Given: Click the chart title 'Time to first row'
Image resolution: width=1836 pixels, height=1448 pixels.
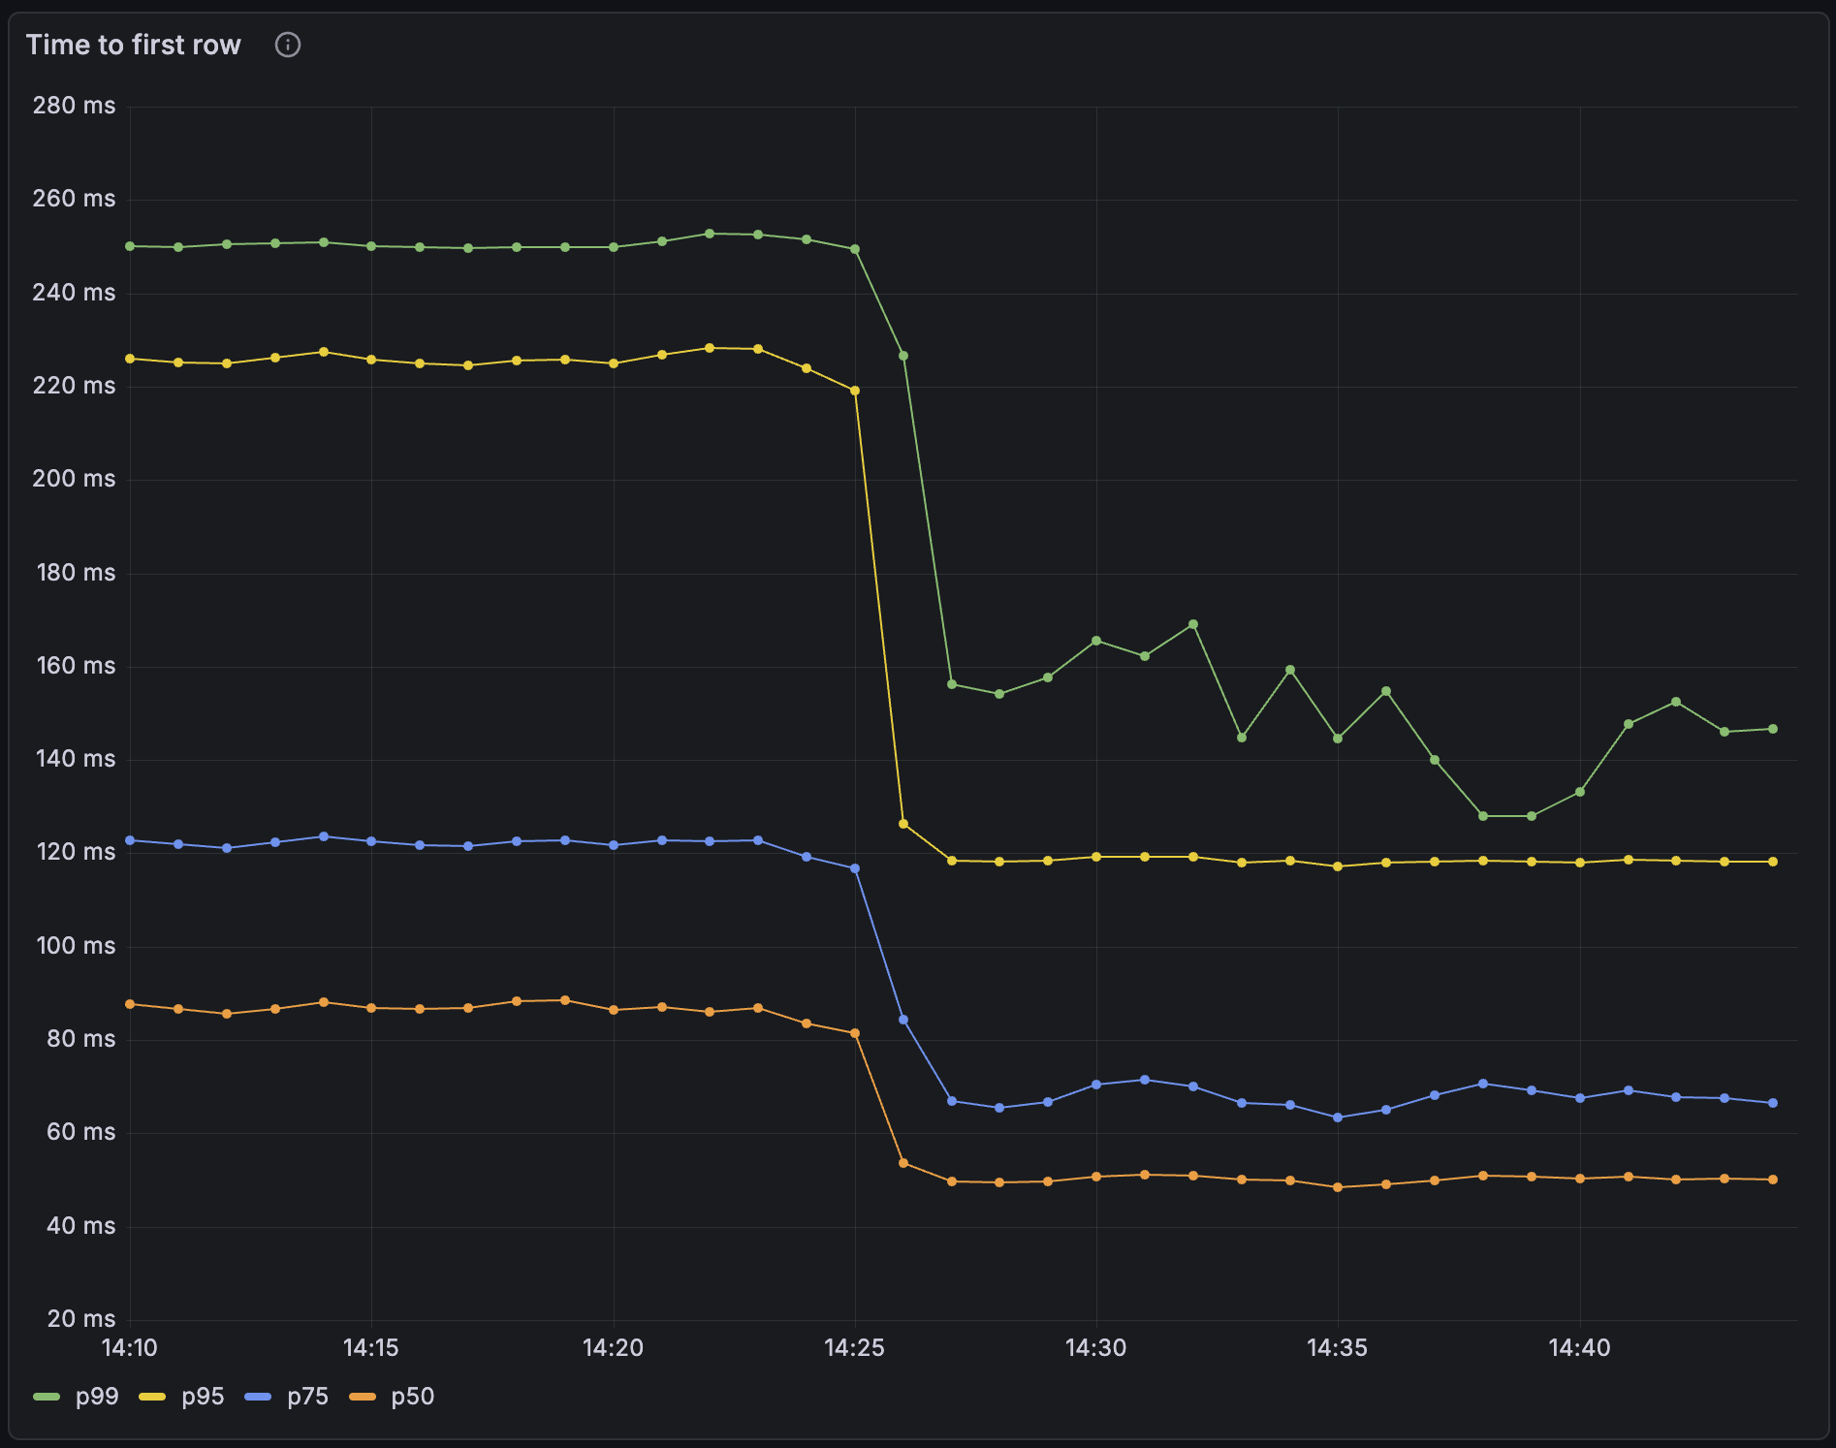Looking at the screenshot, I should coord(134,46).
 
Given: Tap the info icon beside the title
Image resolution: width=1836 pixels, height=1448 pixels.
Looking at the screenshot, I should coord(288,46).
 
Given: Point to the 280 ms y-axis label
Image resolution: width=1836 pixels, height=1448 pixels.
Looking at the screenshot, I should coord(74,106).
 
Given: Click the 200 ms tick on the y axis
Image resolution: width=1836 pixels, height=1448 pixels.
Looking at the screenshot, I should coord(74,479).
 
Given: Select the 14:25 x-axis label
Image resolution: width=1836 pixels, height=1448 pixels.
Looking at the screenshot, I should coord(854,1348).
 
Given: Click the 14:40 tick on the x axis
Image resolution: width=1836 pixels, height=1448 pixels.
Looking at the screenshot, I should coord(1579,1348).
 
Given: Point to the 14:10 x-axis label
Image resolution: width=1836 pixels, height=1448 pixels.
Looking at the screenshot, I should coord(130,1348).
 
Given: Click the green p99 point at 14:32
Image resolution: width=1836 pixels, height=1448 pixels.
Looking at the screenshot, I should coord(1193,625).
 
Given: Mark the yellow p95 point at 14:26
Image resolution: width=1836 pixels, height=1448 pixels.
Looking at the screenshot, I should coord(903,824).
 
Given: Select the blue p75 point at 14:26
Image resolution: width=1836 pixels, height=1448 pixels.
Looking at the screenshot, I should coord(903,1020).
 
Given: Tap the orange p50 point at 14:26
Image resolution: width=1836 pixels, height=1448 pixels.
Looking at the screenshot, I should coord(903,1163).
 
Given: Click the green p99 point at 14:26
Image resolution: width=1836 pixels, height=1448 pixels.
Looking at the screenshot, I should coord(903,356).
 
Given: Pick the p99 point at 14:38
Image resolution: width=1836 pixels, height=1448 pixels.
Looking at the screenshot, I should coord(1483,816).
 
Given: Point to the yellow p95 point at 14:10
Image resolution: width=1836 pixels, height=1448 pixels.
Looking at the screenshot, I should coord(130,359).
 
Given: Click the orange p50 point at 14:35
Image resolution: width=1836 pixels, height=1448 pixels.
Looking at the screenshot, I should coord(1338,1187).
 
